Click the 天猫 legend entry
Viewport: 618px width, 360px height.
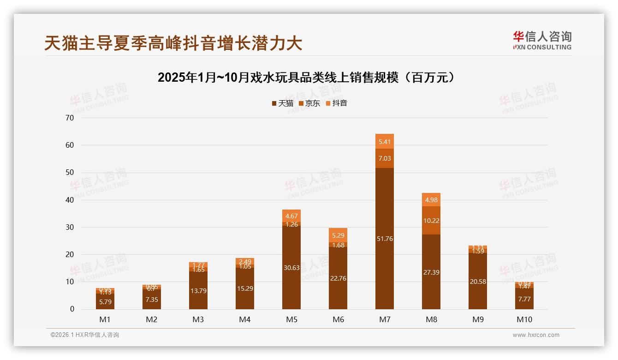point(282,103)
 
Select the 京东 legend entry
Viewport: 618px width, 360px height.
point(309,103)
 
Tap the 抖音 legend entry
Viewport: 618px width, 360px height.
point(336,103)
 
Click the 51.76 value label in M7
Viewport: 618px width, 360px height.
point(385,239)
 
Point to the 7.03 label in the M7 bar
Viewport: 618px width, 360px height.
point(385,158)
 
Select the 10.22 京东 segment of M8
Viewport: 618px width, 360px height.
point(431,221)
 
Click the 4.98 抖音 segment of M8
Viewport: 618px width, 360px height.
point(431,200)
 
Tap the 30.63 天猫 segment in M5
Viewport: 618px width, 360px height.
point(291,267)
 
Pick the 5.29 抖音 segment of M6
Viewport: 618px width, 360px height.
point(338,235)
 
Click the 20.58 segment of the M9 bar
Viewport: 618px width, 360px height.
point(478,282)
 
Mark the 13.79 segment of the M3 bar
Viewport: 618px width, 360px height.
point(198,290)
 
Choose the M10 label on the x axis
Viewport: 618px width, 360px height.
point(524,319)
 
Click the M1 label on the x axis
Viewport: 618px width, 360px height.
point(105,319)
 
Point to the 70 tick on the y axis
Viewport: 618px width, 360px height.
point(70,118)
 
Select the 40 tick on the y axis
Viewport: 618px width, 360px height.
point(70,200)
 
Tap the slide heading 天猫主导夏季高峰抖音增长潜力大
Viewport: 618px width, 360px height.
point(173,43)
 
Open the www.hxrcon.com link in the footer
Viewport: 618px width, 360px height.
point(536,335)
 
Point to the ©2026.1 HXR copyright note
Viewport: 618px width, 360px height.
point(85,335)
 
